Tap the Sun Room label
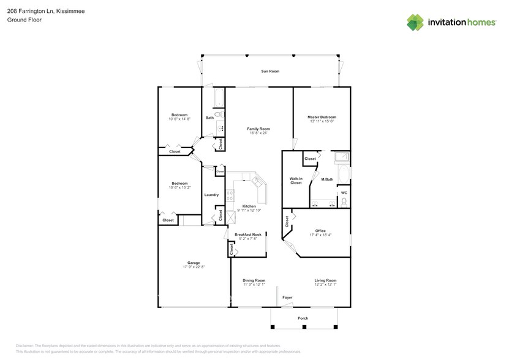pos(270,72)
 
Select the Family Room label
pos(258,129)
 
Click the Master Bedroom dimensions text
pos(322,122)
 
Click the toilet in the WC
pos(344,201)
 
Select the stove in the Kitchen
pos(231,196)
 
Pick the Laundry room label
pos(211,195)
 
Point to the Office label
pos(320,231)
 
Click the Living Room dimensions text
pos(325,285)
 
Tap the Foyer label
pos(287,298)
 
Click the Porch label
pos(303,318)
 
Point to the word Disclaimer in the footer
pos(26,346)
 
